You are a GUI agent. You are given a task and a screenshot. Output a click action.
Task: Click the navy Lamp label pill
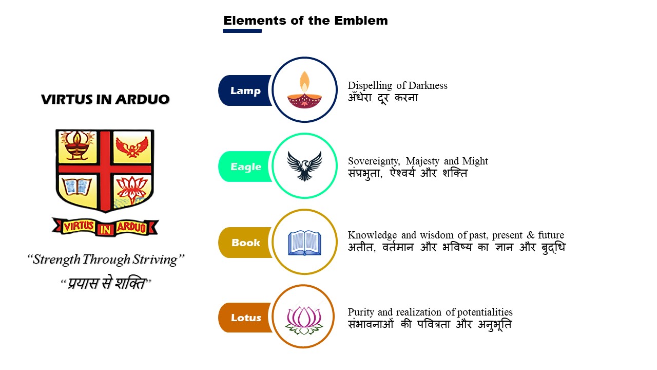coord(245,90)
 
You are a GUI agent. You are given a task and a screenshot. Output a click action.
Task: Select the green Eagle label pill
coord(245,166)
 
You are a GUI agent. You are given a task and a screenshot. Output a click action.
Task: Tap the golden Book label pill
coord(245,243)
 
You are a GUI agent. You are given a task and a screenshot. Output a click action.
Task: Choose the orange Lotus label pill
coord(245,318)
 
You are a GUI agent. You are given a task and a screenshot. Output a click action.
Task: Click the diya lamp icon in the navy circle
coord(304,90)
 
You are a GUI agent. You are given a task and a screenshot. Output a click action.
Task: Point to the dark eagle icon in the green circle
coord(304,166)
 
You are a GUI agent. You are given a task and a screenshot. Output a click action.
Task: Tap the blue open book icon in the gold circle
coord(304,243)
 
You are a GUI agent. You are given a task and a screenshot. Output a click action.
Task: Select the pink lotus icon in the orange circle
coord(304,320)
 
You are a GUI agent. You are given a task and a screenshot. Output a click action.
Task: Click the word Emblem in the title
coord(361,21)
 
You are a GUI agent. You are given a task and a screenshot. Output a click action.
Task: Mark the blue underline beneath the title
coord(242,31)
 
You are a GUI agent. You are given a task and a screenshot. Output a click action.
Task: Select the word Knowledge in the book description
coord(372,235)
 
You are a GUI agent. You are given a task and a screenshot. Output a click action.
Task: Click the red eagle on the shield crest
coord(132,147)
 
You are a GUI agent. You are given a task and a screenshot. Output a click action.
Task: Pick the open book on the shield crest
coord(77,187)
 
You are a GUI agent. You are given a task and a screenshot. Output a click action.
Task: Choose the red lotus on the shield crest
coord(132,190)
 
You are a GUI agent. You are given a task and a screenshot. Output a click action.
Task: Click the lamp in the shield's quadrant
coord(77,145)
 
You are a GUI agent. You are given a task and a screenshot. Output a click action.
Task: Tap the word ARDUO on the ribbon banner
coord(131,227)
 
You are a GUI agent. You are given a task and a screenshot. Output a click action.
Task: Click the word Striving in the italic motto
coord(155,260)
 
